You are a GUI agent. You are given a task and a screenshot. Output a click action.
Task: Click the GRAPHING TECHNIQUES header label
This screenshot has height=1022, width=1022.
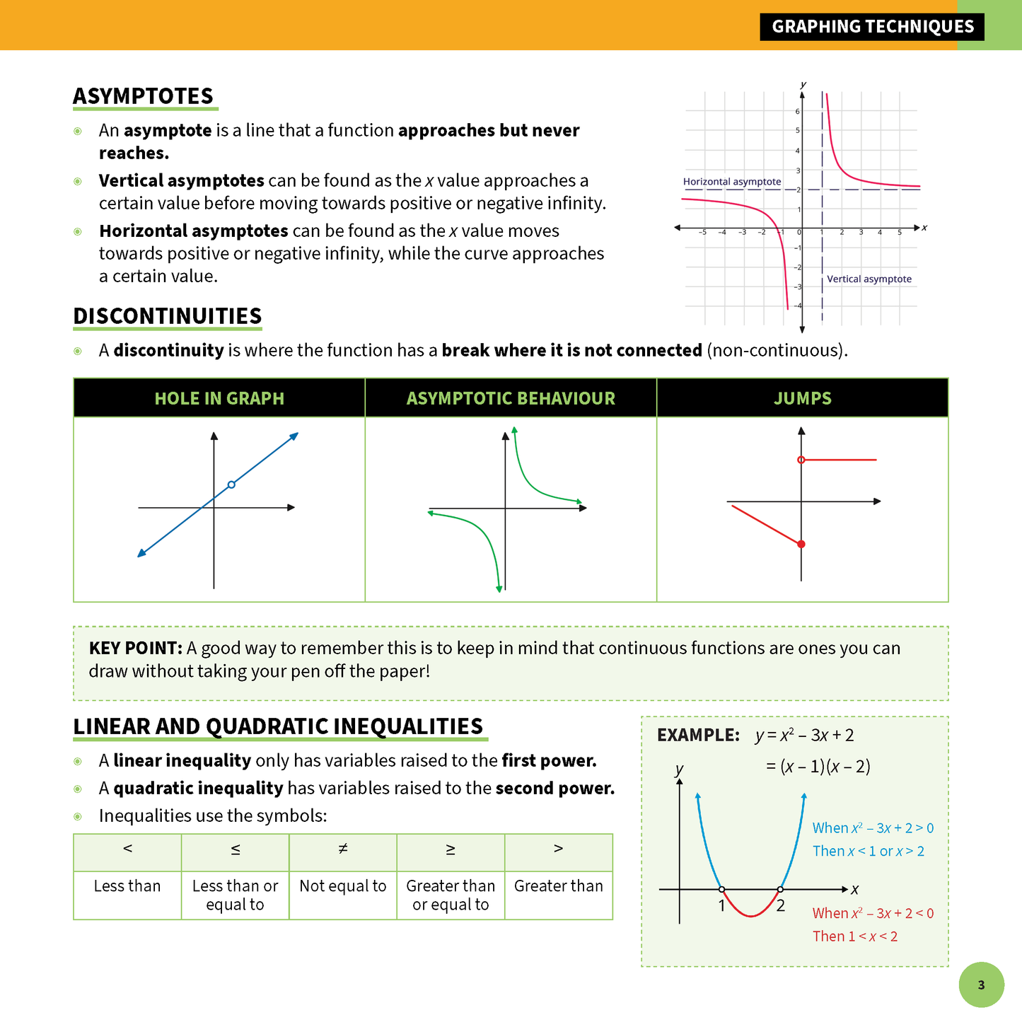pos(872,27)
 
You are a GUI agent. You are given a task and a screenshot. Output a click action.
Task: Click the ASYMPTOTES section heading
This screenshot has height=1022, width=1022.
pos(143,96)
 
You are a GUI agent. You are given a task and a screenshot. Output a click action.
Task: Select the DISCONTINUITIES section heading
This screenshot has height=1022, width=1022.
pos(168,316)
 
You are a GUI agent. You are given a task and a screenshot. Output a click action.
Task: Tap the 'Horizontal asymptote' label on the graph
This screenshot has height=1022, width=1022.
pos(731,182)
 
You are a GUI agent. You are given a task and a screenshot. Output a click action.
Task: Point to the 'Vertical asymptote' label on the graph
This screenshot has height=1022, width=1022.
pos(869,279)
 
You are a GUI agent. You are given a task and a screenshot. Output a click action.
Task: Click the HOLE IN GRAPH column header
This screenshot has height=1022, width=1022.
pos(219,398)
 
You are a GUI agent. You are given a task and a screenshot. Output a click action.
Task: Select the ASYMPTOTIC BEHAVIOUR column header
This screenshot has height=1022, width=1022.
pos(511,398)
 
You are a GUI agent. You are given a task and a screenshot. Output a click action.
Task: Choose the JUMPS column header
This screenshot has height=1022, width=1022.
pos(802,398)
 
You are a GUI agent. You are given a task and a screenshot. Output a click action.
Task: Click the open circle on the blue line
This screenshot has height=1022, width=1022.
pos(231,484)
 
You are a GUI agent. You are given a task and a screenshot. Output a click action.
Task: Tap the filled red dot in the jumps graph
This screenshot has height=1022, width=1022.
pos(801,544)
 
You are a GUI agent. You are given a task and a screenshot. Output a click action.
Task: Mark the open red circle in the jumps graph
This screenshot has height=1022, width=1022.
pos(801,460)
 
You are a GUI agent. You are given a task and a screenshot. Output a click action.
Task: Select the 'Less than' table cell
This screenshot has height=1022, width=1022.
pos(127,886)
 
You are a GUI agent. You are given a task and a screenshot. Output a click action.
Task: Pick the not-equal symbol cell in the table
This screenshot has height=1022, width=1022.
pos(343,849)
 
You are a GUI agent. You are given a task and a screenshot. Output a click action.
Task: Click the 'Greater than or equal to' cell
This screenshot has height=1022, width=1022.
pos(451,895)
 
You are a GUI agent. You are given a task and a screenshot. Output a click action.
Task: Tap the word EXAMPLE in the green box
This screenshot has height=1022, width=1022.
pos(698,736)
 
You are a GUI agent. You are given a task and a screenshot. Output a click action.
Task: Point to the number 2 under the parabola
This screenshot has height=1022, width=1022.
pos(780,906)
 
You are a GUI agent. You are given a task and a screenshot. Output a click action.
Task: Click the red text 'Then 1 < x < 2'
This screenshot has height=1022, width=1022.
pos(854,936)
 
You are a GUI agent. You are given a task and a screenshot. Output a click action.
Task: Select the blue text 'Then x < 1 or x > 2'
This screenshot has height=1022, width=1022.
pos(868,851)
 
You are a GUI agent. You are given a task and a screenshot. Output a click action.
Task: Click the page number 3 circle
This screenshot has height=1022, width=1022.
pos(981,985)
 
